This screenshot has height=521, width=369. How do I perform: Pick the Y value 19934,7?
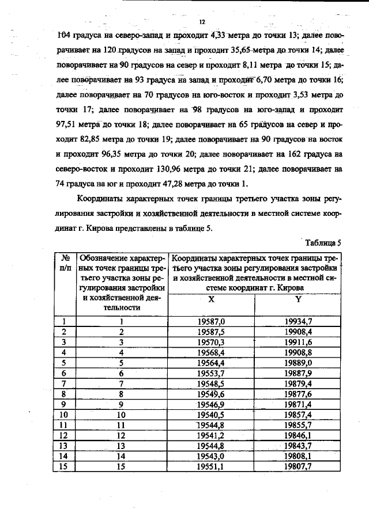coord(298,322)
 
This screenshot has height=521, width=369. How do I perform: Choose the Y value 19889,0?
coord(298,363)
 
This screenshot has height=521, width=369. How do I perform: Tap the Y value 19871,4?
coord(298,404)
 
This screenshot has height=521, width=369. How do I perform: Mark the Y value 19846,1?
coord(298,435)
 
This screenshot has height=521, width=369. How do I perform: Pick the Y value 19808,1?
coord(298,455)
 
